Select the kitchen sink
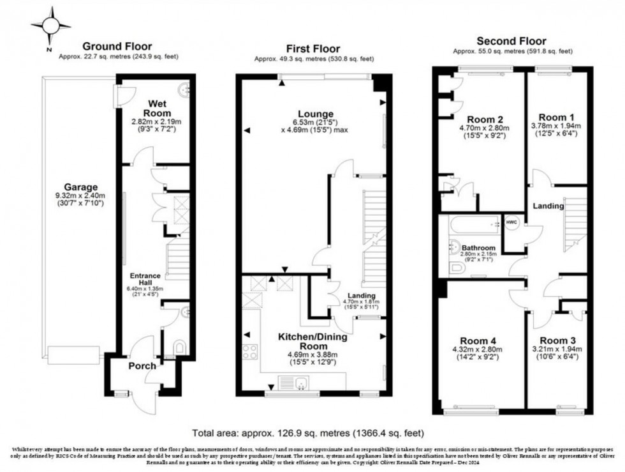click(297, 383)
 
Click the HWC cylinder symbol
click(512, 222)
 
